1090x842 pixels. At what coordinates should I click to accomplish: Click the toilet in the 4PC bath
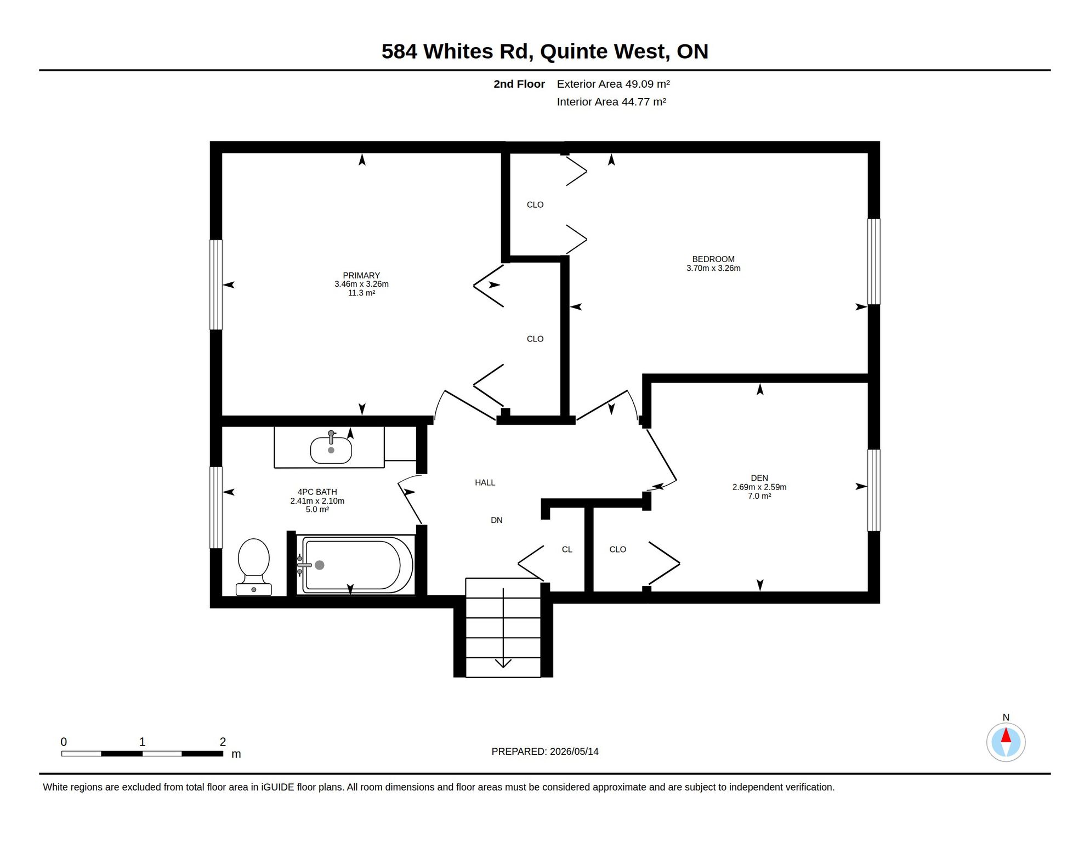(254, 567)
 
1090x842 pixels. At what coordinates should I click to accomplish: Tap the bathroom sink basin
(331, 450)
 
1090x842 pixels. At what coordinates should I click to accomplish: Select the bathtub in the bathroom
(355, 565)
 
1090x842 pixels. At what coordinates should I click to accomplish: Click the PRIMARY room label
(361, 275)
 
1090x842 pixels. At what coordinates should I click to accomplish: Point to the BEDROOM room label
(713, 259)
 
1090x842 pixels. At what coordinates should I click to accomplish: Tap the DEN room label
(759, 478)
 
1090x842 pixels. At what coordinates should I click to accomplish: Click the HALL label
(485, 482)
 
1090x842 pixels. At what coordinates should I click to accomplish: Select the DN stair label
(497, 520)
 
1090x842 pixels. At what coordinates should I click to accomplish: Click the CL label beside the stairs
(567, 549)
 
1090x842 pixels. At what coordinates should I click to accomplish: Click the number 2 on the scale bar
(223, 742)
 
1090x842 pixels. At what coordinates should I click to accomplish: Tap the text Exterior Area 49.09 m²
(614, 84)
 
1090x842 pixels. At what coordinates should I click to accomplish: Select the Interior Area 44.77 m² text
(611, 102)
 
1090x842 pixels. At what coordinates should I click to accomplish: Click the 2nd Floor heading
(519, 84)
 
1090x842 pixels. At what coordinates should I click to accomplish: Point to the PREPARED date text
(545, 752)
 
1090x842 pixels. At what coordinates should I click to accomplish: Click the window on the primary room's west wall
(216, 285)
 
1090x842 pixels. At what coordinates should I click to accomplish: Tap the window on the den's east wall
(874, 490)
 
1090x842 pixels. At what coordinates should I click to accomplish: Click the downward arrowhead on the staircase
(503, 663)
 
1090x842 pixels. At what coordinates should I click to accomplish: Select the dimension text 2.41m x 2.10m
(317, 501)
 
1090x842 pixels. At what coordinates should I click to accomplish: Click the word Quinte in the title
(574, 52)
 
